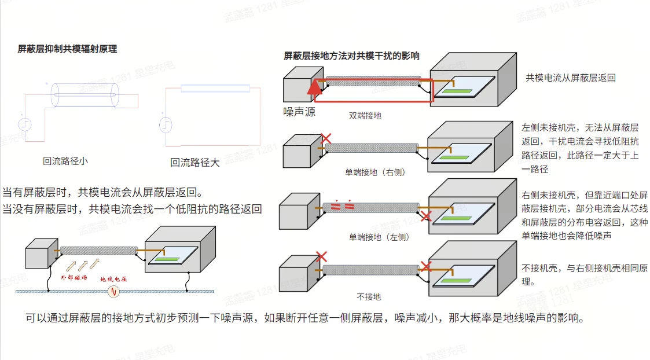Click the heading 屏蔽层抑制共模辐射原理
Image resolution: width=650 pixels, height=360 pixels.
point(67,49)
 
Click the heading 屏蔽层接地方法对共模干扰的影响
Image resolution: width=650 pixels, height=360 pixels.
point(351,56)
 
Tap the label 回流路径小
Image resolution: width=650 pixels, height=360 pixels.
point(65,161)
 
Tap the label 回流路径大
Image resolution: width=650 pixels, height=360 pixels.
point(195,163)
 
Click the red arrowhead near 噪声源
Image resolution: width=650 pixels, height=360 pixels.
point(315,87)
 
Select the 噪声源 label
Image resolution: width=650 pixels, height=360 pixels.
point(299,112)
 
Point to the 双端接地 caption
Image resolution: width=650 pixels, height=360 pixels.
point(365,116)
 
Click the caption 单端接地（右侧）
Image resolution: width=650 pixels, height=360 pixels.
point(375,172)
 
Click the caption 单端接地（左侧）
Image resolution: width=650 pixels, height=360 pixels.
point(379,237)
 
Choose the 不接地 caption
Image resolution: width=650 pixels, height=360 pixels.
point(369,297)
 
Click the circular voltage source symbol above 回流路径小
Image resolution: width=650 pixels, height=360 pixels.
point(25,124)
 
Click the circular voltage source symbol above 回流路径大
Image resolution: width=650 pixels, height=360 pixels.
point(166,125)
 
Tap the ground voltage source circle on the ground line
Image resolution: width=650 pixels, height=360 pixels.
point(113,292)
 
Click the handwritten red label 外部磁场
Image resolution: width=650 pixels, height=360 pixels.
point(74,277)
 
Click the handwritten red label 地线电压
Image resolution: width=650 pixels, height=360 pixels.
point(113,279)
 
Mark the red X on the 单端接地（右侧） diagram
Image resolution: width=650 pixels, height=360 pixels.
point(326,138)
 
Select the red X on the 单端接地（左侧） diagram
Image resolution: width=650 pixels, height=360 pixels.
point(426,216)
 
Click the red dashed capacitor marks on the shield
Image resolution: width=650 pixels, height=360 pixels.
point(343,205)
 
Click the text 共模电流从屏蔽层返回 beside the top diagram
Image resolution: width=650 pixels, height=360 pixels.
point(570,78)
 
